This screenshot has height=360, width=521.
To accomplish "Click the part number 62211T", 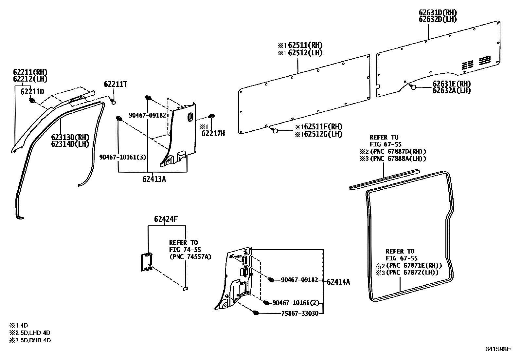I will pos(116,84).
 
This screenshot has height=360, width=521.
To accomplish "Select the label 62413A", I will pos(154,179).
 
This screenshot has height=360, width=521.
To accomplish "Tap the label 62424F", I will pos(166,219).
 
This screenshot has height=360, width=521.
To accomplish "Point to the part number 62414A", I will pos(338,282).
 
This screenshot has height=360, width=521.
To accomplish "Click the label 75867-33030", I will pos(300,313).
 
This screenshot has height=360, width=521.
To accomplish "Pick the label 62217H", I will pos(213,133).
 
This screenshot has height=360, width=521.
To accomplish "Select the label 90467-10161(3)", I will pos(123,157).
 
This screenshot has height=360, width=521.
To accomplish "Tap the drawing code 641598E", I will pos(498,349).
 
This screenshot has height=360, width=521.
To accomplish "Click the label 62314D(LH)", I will pos(70,144).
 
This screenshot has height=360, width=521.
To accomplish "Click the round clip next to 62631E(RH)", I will pos(413,87).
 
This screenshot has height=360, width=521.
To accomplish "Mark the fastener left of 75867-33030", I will pos(256,313).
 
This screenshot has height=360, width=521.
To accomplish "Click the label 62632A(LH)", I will pos(452,91).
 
